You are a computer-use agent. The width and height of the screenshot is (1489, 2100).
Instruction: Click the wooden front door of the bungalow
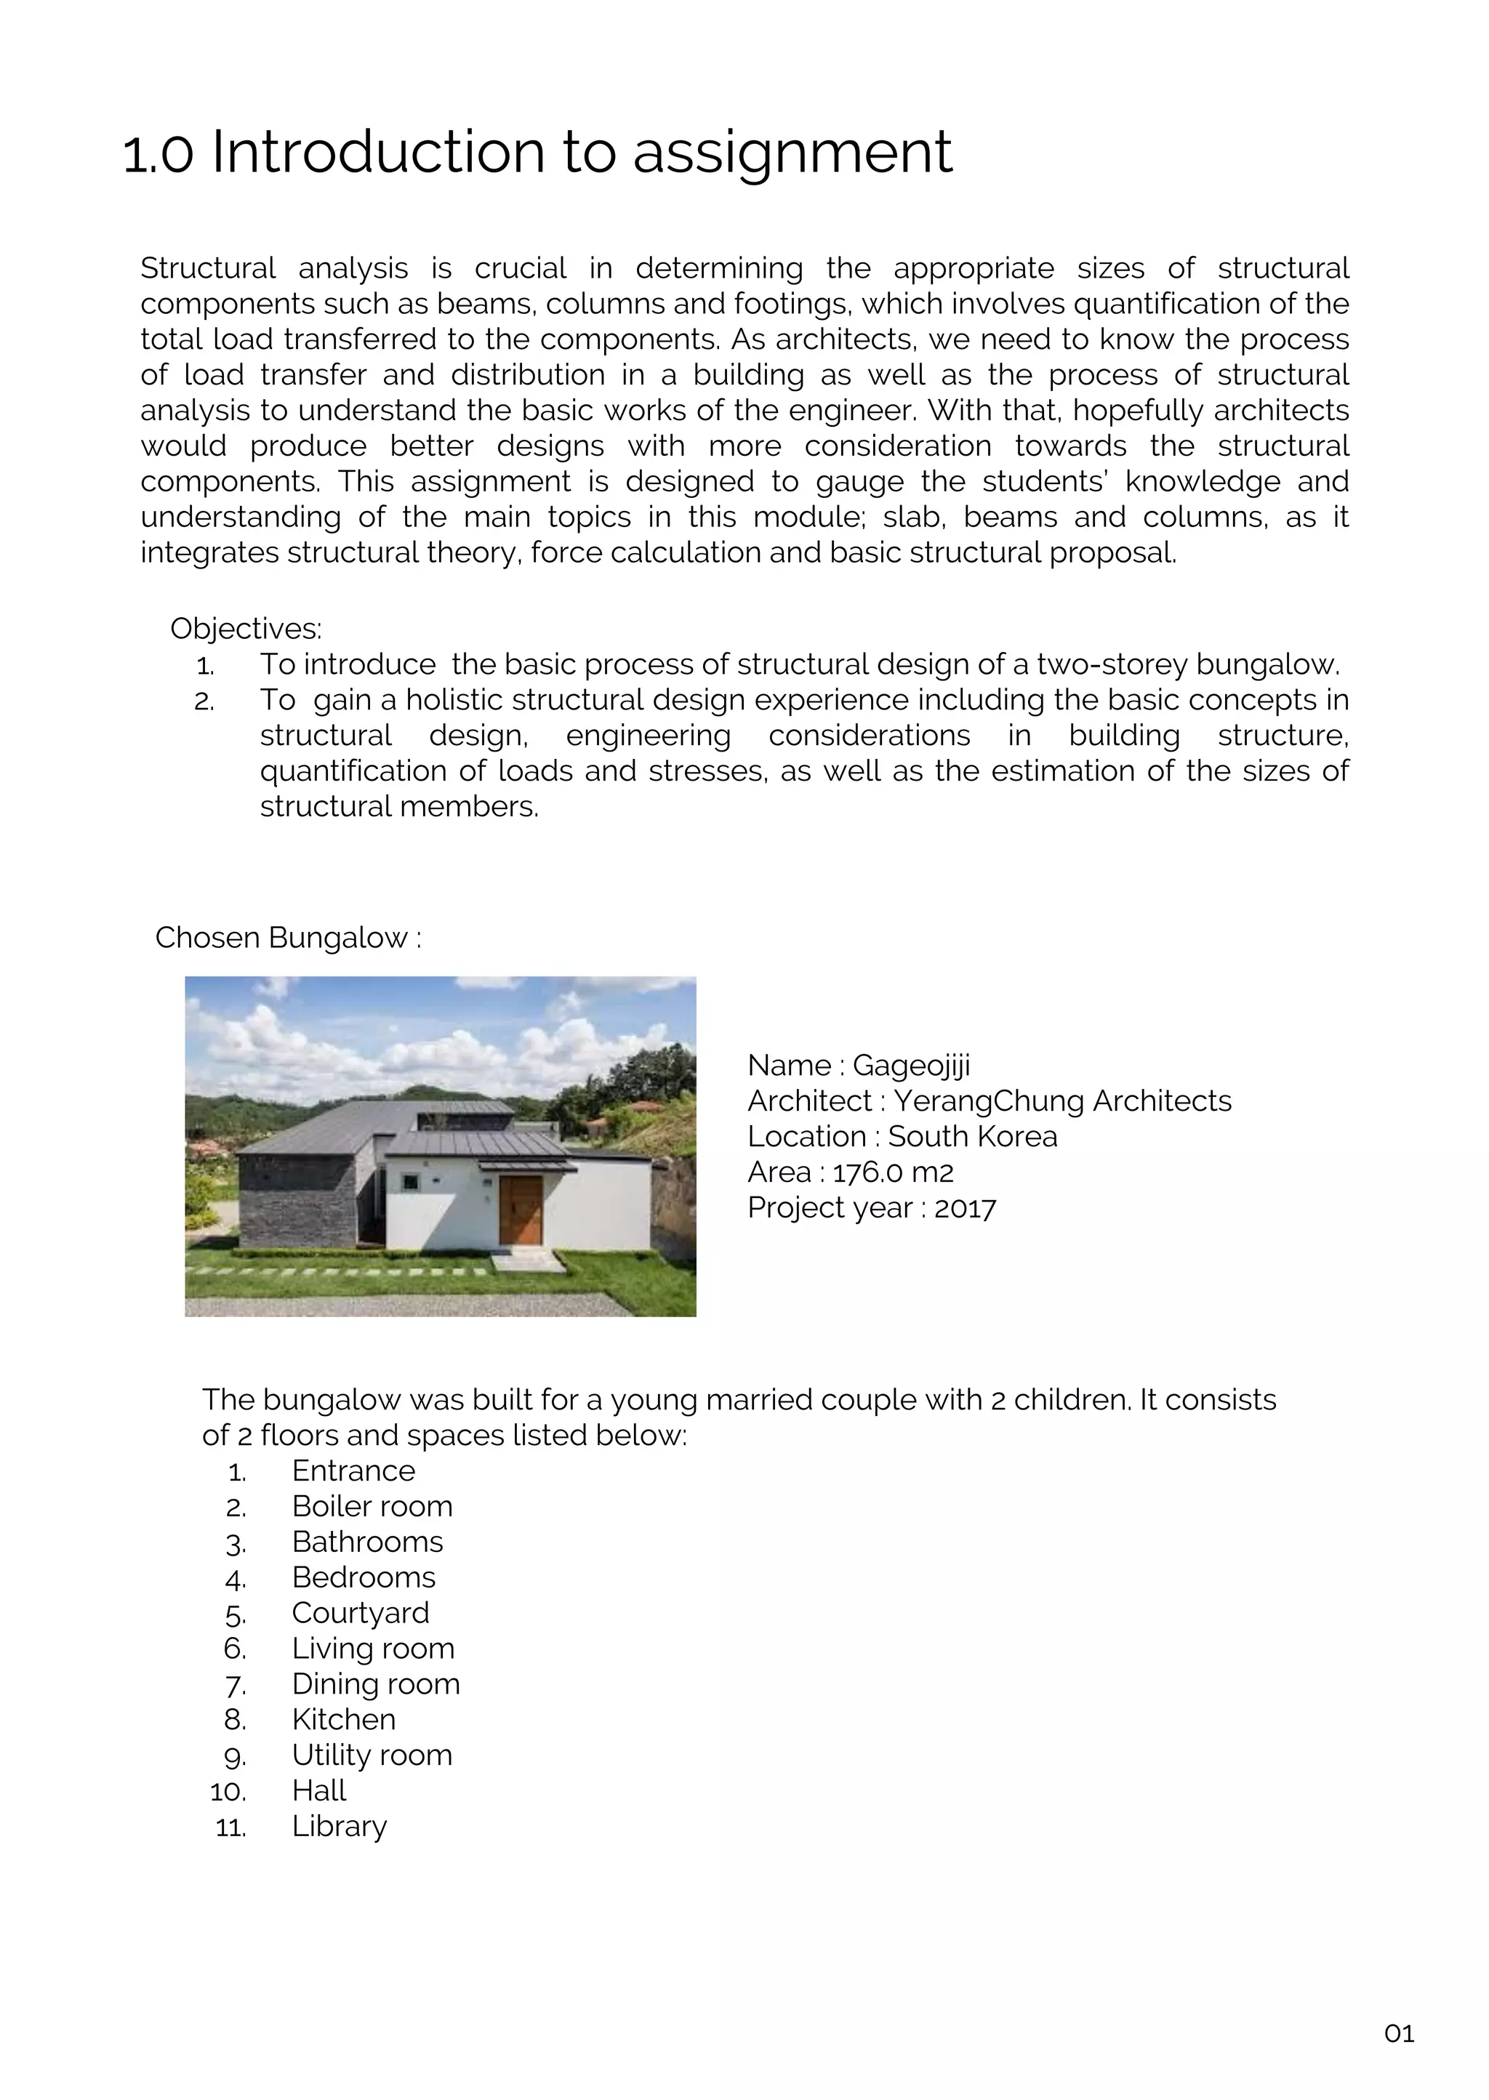coord(521,1211)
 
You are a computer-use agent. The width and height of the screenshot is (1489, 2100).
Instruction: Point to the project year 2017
coord(965,1208)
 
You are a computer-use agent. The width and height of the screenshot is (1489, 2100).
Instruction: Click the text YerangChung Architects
coord(1061,1101)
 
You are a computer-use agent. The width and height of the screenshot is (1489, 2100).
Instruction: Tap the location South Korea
coord(972,1137)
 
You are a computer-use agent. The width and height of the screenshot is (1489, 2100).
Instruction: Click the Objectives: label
coord(246,629)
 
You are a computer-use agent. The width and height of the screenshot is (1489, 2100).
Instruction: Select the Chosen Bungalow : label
coord(288,938)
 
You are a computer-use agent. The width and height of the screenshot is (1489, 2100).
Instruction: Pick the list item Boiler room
coord(372,1506)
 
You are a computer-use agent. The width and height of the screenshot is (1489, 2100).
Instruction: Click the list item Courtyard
coord(361,1613)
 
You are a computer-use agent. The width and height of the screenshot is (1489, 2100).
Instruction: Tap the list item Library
coord(340,1826)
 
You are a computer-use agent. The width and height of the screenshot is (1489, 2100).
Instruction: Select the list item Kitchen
coord(344,1720)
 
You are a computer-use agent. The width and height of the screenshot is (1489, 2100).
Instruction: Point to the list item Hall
coord(319,1791)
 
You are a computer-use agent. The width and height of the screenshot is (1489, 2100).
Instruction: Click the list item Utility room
coord(372,1755)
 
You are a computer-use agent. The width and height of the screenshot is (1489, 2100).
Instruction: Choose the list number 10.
coord(228,1792)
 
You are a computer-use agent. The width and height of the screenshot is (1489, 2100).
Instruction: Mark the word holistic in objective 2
coord(453,699)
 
